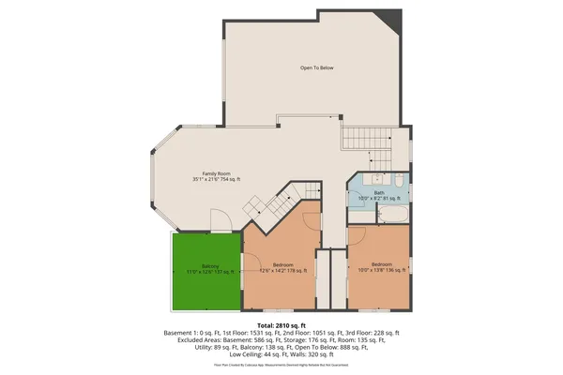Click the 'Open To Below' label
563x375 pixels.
pos(316,68)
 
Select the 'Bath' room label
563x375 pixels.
pos(378,192)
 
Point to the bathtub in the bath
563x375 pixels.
pos(391,217)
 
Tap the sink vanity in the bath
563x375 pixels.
pos(365,179)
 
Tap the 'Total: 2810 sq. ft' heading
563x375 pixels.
pos(281,323)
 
